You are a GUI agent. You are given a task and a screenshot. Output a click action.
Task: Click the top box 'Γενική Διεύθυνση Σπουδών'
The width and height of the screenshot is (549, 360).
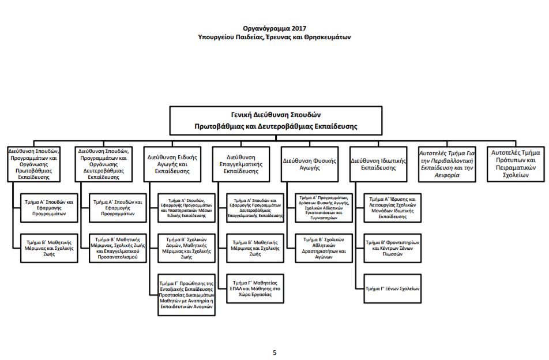(276, 121)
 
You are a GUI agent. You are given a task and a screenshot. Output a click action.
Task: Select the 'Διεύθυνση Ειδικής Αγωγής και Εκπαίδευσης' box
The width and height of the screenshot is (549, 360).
(172, 164)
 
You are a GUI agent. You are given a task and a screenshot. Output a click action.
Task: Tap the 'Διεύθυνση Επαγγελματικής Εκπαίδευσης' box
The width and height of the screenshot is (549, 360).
(241, 164)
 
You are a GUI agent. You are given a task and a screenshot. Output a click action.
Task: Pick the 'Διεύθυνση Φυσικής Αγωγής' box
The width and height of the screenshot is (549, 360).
(310, 164)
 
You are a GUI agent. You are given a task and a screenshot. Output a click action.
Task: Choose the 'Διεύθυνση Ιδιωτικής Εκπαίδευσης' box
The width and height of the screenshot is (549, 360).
(378, 164)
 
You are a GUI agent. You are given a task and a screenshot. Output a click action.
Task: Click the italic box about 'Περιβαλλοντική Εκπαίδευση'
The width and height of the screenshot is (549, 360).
(447, 164)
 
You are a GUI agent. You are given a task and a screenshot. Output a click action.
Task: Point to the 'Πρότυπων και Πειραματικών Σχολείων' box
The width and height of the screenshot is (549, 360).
(516, 164)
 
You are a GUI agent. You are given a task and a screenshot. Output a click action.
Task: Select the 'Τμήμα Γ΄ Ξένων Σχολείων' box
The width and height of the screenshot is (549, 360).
(393, 288)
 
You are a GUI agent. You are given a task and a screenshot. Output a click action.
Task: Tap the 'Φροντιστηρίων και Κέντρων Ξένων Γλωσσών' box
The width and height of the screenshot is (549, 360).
(393, 248)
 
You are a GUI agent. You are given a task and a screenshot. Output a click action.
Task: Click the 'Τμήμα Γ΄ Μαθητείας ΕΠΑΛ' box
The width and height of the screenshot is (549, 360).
(255, 288)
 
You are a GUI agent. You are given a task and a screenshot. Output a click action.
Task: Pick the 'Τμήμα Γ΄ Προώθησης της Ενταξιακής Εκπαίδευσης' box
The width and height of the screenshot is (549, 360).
(187, 295)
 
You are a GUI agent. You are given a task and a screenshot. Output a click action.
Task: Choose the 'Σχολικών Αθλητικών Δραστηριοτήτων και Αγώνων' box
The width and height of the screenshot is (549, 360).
(324, 248)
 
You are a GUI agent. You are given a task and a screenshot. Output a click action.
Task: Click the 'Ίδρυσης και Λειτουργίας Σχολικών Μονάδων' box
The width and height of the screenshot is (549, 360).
(393, 208)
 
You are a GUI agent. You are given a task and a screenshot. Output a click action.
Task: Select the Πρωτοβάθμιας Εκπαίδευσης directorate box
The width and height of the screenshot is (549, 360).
(33, 164)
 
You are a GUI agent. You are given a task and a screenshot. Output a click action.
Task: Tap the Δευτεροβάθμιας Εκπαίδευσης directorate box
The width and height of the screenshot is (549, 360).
(104, 164)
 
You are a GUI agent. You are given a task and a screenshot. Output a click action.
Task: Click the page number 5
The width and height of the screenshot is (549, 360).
(274, 352)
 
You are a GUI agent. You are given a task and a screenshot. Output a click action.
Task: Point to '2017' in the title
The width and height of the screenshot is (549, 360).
(299, 28)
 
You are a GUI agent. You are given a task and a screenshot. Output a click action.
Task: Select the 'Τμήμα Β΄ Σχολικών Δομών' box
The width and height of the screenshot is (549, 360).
(187, 248)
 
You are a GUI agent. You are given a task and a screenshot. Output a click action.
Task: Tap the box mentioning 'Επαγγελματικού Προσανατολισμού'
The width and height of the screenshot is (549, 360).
(118, 248)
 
